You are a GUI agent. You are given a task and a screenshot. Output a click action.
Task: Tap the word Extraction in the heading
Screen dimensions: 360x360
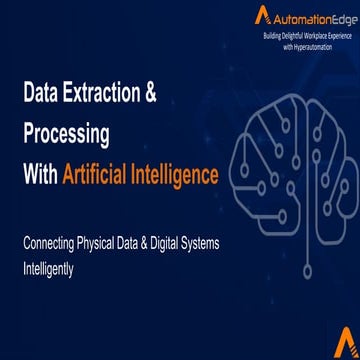point(104,98)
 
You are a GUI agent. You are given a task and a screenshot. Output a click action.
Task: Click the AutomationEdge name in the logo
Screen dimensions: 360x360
point(304,17)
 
